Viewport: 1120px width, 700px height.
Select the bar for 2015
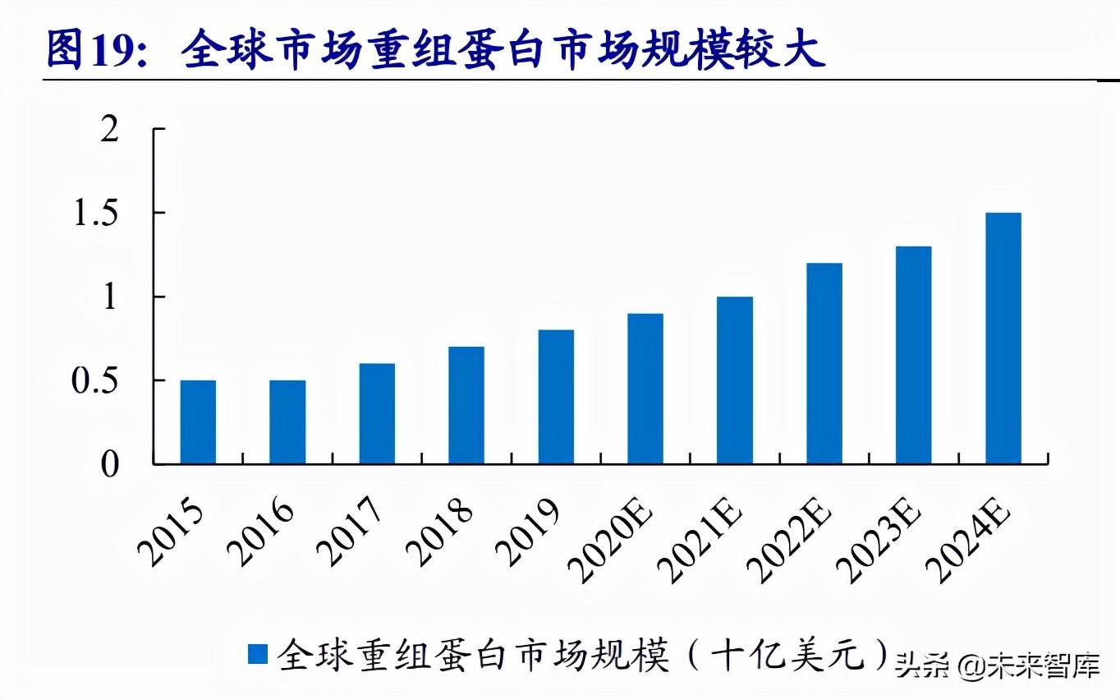point(198,422)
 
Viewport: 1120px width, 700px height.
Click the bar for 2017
point(377,414)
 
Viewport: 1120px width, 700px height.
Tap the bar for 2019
point(556,397)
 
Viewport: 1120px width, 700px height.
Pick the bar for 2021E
point(735,380)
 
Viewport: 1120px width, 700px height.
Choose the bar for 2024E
point(1003,338)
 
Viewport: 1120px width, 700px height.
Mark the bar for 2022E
point(824,364)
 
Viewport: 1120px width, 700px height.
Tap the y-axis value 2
point(110,130)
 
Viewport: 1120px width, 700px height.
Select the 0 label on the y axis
point(110,465)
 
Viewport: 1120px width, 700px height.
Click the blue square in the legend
point(258,654)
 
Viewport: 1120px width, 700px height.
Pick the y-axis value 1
point(110,297)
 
